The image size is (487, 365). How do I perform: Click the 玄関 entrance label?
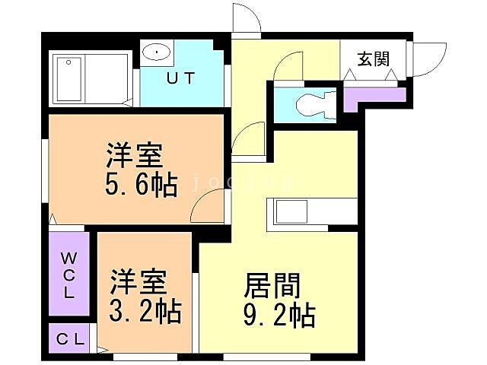[374, 58]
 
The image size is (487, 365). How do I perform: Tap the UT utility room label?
[180, 78]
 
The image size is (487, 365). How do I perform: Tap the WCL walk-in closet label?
[68, 275]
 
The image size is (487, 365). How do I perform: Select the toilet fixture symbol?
[313, 103]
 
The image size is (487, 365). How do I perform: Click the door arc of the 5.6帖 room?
[208, 206]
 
